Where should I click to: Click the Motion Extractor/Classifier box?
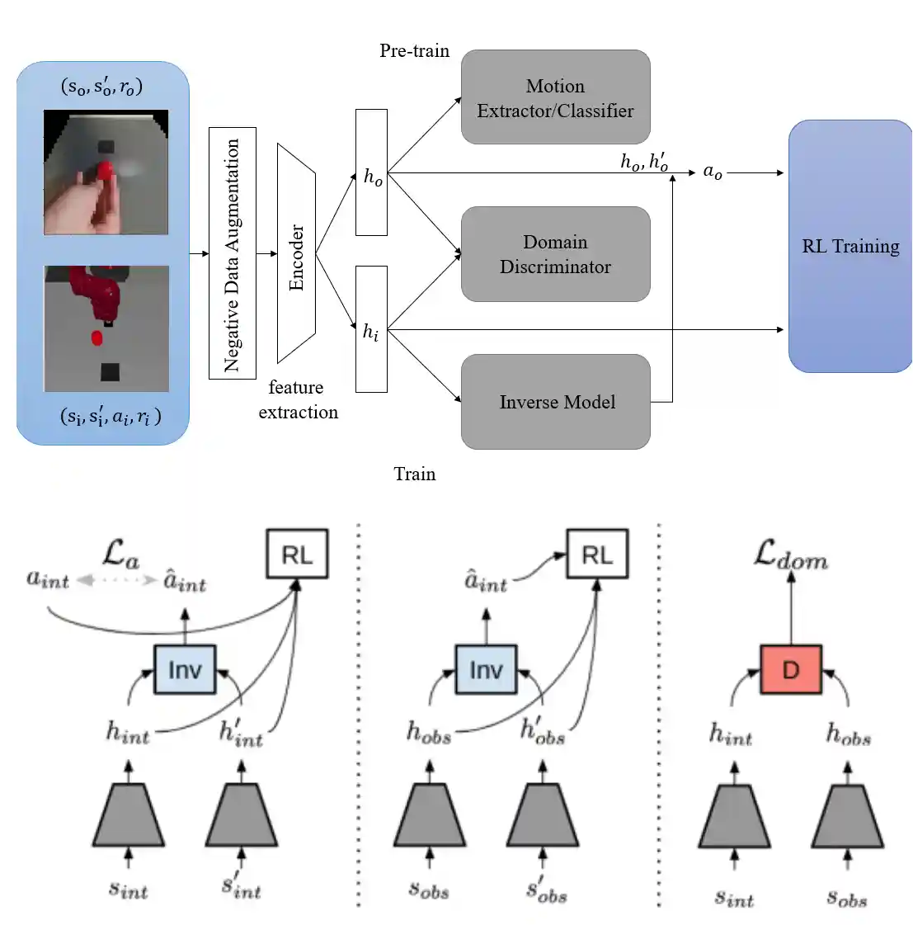pos(555,97)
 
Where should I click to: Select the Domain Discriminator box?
pos(555,254)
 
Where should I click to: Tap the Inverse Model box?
pos(555,402)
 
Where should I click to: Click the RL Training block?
pos(849,246)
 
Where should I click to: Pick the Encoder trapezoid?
pos(297,254)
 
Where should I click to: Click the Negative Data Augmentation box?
pos(233,253)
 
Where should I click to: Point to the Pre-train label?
pos(414,50)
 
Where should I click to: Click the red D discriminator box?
pos(790,669)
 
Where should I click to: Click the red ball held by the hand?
pos(105,171)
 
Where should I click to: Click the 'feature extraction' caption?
pos(297,399)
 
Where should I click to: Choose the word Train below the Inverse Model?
pos(414,474)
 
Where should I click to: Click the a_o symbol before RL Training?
pos(712,172)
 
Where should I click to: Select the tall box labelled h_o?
pos(371,172)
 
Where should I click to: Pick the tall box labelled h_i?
pos(371,328)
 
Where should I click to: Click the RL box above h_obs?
pos(596,554)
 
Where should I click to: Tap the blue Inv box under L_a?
pos(185,669)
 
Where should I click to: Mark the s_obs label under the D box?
pos(846,897)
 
